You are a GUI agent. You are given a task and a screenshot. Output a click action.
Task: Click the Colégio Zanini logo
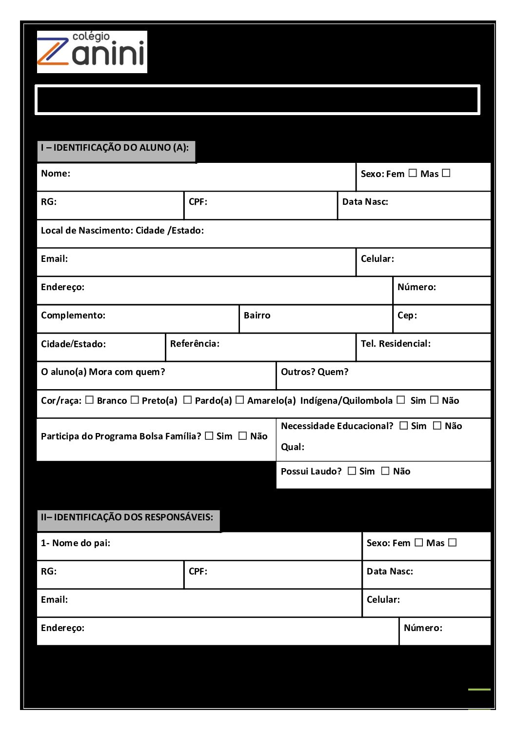(92, 52)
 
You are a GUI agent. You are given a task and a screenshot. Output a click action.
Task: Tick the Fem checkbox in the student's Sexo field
(413, 173)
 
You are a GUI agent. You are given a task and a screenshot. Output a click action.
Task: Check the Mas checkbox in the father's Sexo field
(453, 542)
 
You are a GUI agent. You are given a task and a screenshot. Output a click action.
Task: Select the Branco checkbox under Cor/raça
(89, 400)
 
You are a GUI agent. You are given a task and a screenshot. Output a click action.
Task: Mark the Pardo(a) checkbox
(187, 400)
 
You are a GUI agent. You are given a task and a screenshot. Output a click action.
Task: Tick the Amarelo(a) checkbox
(239, 400)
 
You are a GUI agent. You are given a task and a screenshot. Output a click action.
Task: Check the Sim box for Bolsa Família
(209, 436)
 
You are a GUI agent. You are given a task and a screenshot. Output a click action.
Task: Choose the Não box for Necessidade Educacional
(437, 426)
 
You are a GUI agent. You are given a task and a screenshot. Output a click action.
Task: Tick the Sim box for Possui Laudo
(352, 471)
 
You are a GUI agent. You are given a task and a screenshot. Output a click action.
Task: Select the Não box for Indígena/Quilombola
(434, 400)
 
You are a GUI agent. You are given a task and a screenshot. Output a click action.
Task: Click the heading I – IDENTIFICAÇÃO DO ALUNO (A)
(115, 148)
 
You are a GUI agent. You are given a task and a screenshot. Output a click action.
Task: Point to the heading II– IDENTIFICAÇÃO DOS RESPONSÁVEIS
(127, 517)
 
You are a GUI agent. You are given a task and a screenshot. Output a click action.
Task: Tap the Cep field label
(407, 316)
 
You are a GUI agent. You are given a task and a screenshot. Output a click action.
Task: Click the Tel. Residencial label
(396, 344)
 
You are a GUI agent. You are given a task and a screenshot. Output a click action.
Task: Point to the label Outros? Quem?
(315, 372)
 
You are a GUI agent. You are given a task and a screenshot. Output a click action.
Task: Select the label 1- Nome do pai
(76, 543)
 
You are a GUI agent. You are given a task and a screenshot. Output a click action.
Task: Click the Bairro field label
(257, 316)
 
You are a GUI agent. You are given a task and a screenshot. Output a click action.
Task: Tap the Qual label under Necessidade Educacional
(293, 447)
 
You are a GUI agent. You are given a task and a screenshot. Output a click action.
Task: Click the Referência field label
(195, 344)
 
